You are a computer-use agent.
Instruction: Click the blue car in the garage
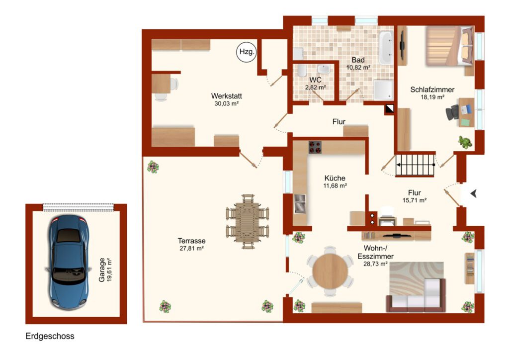click(69, 262)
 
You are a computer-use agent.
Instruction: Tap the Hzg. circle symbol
click(247, 52)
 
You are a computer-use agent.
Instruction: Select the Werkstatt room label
click(226, 96)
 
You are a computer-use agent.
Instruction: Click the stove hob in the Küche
click(315, 147)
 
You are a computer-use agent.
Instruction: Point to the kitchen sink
click(300, 203)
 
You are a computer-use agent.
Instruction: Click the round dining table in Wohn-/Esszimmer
click(330, 271)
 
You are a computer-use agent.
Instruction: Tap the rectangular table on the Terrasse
click(248, 222)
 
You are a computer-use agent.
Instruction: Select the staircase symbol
click(415, 165)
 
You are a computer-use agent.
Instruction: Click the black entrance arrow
click(474, 193)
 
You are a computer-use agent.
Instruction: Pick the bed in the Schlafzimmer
click(449, 46)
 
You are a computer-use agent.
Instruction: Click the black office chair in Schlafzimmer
click(452, 112)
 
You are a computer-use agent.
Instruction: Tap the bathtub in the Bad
click(386, 48)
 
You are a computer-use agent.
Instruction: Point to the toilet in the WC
click(302, 70)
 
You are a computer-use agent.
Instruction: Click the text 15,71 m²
click(414, 200)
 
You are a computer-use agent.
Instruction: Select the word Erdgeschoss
click(50, 336)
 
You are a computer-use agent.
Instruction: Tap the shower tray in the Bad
click(383, 90)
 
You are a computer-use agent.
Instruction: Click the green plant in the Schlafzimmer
click(465, 142)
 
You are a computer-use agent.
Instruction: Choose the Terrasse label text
click(191, 241)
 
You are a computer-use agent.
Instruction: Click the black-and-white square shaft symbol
click(390, 108)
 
